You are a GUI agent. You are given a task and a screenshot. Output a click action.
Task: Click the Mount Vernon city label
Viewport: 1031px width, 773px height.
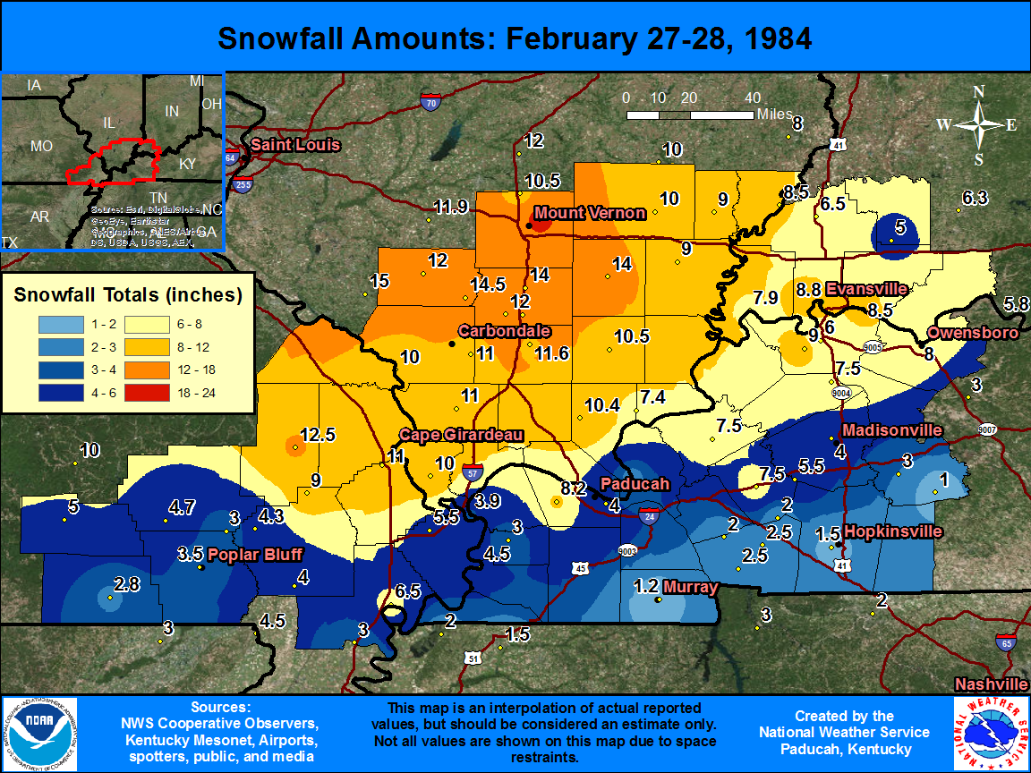click(589, 213)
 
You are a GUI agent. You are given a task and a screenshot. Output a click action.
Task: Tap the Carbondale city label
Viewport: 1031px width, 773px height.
click(504, 331)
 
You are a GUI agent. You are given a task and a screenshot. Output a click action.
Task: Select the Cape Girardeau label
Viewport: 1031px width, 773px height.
click(461, 435)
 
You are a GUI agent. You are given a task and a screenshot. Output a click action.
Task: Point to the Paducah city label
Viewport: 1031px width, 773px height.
click(635, 483)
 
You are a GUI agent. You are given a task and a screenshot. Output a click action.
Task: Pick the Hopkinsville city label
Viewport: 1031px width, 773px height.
click(893, 531)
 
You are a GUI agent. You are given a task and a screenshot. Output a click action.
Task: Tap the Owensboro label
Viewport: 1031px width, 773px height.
click(973, 333)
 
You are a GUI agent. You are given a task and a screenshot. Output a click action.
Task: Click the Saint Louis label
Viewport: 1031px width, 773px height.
click(295, 145)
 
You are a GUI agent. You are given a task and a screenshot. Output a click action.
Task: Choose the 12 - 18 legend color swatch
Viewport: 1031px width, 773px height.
click(153, 369)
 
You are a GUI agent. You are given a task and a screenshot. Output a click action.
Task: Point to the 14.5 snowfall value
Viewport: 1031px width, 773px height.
click(489, 284)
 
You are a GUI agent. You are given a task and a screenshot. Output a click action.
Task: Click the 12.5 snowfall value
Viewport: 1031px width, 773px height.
click(318, 435)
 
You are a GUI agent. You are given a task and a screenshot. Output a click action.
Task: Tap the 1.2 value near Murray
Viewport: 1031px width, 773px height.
click(646, 587)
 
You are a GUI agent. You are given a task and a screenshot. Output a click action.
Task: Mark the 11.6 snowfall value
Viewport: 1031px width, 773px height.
click(551, 353)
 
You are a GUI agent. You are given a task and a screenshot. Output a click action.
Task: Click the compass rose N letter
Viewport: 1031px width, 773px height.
click(979, 92)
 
